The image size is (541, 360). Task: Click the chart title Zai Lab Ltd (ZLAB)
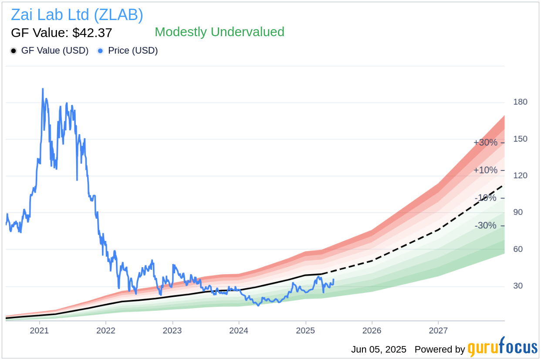pyautogui.click(x=77, y=15)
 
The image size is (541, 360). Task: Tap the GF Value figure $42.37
pyautogui.click(x=61, y=33)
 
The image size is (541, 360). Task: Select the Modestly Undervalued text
pyautogui.click(x=220, y=32)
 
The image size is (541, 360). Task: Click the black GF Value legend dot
pyautogui.click(x=14, y=51)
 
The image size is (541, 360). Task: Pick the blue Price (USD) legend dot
pyautogui.click(x=101, y=51)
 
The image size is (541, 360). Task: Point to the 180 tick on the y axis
pyautogui.click(x=520, y=102)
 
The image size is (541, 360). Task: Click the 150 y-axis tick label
pyautogui.click(x=520, y=139)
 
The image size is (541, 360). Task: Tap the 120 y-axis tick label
pyautogui.click(x=520, y=176)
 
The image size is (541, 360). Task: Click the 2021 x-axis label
pyautogui.click(x=40, y=330)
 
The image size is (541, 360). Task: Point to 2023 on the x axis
pyautogui.click(x=172, y=330)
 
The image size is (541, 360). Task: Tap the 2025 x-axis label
pyautogui.click(x=305, y=330)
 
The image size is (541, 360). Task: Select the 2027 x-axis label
pyautogui.click(x=438, y=330)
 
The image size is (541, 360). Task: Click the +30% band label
pyautogui.click(x=485, y=143)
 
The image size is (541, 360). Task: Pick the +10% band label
pyautogui.click(x=485, y=170)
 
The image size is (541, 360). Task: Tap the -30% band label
pyautogui.click(x=485, y=226)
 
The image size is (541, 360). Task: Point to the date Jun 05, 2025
pyautogui.click(x=379, y=350)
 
